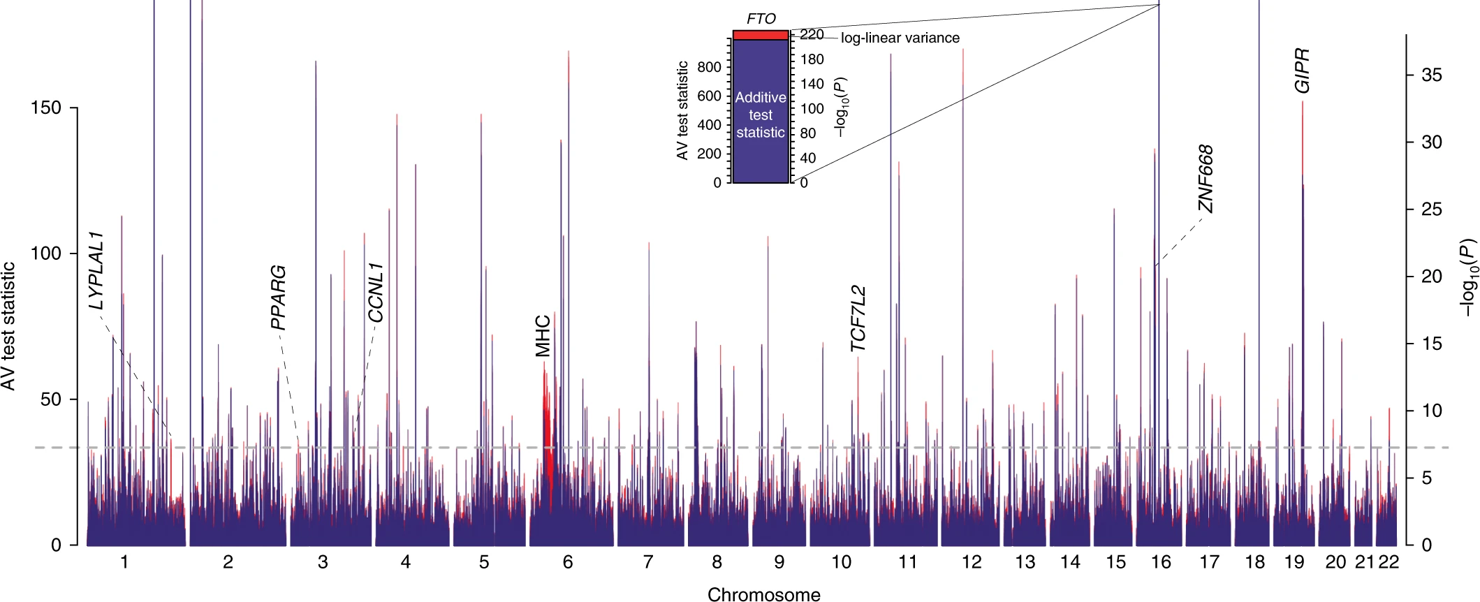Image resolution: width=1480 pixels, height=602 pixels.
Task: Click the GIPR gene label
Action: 1302,71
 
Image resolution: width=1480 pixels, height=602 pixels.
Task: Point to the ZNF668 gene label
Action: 1206,179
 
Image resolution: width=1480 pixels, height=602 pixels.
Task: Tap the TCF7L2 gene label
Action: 858,318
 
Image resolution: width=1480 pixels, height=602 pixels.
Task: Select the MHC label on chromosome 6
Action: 543,336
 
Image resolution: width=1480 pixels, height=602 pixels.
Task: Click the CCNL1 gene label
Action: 376,293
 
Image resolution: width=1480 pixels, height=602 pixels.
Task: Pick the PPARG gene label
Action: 278,297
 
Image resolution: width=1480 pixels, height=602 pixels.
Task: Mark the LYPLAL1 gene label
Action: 96,270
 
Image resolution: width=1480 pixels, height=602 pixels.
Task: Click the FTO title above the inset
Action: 761,19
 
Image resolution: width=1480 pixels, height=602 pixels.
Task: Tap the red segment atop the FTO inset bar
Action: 761,35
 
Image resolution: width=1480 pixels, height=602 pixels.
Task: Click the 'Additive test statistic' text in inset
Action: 761,115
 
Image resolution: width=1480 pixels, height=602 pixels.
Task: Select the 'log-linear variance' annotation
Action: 900,38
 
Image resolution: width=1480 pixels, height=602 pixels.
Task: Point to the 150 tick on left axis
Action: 46,108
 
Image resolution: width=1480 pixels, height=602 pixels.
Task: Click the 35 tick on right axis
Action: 1431,75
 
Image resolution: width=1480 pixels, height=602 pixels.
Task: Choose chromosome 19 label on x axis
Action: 1294,562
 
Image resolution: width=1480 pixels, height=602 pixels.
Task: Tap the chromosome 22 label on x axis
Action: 1389,562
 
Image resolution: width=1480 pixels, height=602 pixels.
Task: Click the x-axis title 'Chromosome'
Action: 764,594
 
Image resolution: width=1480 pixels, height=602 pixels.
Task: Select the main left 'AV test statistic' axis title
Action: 8,326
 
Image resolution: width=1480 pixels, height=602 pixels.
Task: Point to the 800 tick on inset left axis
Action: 709,67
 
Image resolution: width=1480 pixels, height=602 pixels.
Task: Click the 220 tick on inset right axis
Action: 812,34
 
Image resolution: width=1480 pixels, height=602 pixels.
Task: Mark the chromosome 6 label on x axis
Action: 568,562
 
